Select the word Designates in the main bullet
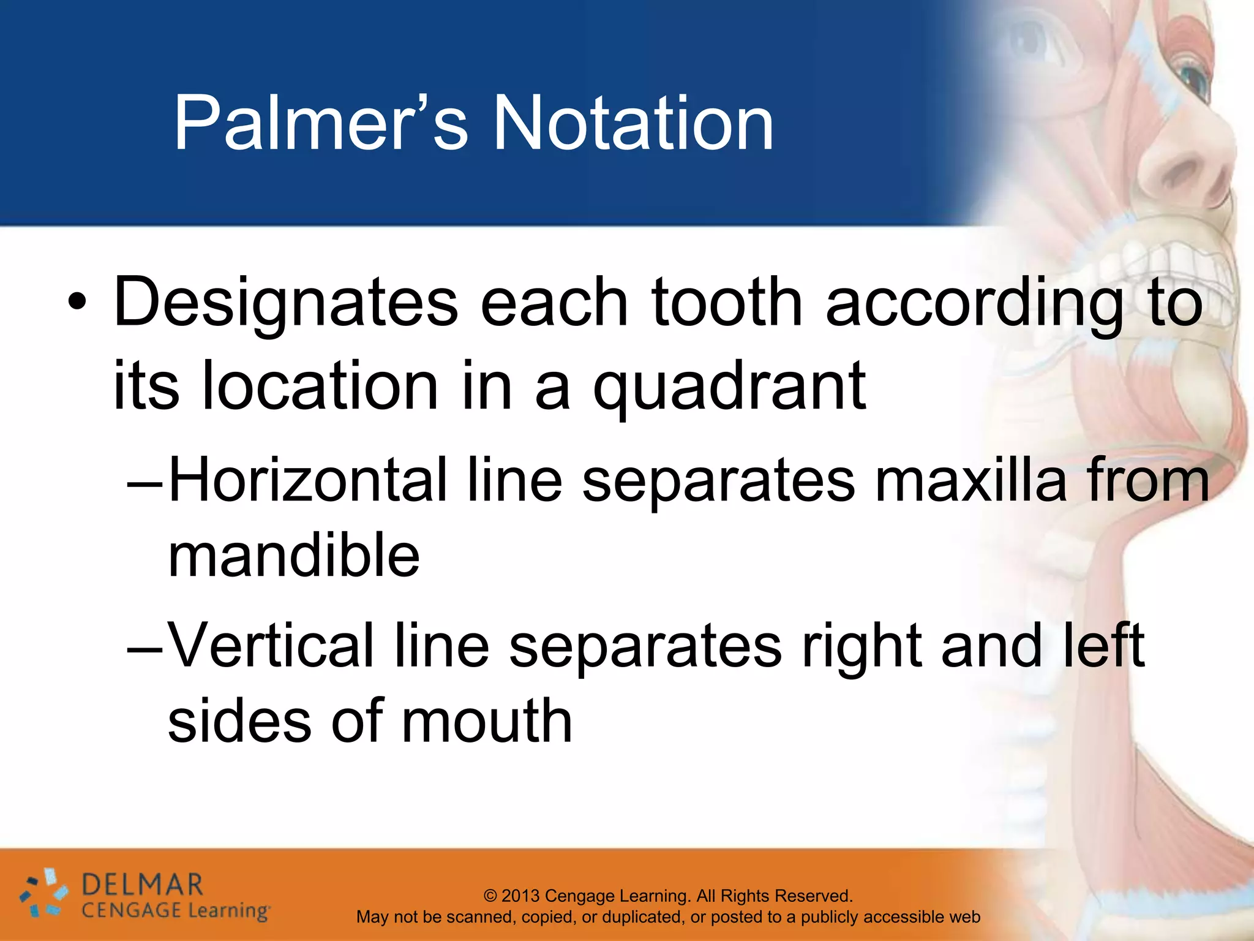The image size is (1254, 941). pyautogui.click(x=285, y=303)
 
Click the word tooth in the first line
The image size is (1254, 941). pyautogui.click(x=726, y=303)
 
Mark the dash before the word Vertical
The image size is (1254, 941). pyautogui.click(x=145, y=649)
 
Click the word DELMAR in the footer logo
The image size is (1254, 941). pyautogui.click(x=142, y=885)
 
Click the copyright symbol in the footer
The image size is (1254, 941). pyautogui.click(x=490, y=896)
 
